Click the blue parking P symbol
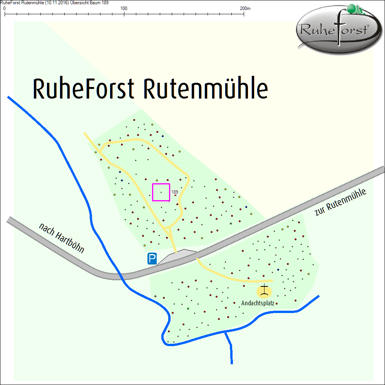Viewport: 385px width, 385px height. pos(152,259)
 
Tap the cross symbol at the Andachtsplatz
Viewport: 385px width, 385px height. pos(264,291)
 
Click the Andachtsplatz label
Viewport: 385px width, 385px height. pos(257,303)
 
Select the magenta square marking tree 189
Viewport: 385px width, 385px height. pos(161,192)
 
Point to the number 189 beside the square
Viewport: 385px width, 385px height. pos(174,192)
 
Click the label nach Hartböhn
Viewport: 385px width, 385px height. pos(62,238)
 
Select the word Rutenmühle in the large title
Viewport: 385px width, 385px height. pos(206,89)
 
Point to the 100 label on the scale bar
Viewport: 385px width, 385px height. pos(124,8)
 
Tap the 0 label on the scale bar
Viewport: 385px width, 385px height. pos(4,8)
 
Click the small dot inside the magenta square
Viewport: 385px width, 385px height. pos(161,192)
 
